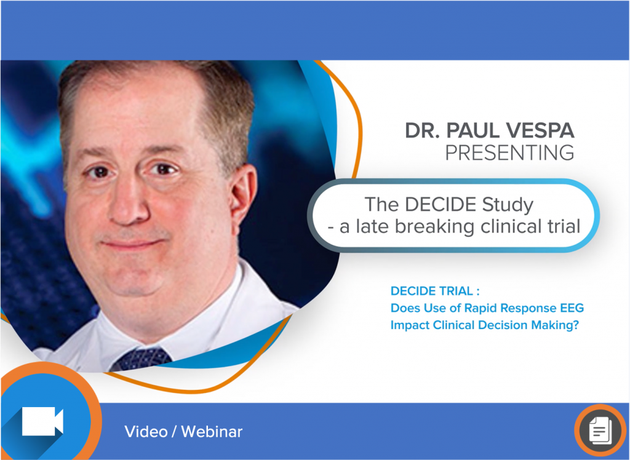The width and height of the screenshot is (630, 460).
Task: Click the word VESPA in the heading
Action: pyautogui.click(x=539, y=130)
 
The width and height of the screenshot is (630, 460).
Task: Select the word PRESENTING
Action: pyautogui.click(x=510, y=153)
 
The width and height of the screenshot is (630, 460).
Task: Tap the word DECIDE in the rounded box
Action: pyautogui.click(x=441, y=205)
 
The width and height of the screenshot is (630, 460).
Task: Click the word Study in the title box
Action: pyautogui.click(x=508, y=205)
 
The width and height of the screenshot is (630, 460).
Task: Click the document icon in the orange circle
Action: pyautogui.click(x=600, y=430)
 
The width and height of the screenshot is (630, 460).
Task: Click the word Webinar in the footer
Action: pyautogui.click(x=212, y=432)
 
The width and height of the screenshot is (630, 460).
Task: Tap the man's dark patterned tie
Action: pyautogui.click(x=141, y=359)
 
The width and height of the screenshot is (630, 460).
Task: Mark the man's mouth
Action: pyautogui.click(x=133, y=244)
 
